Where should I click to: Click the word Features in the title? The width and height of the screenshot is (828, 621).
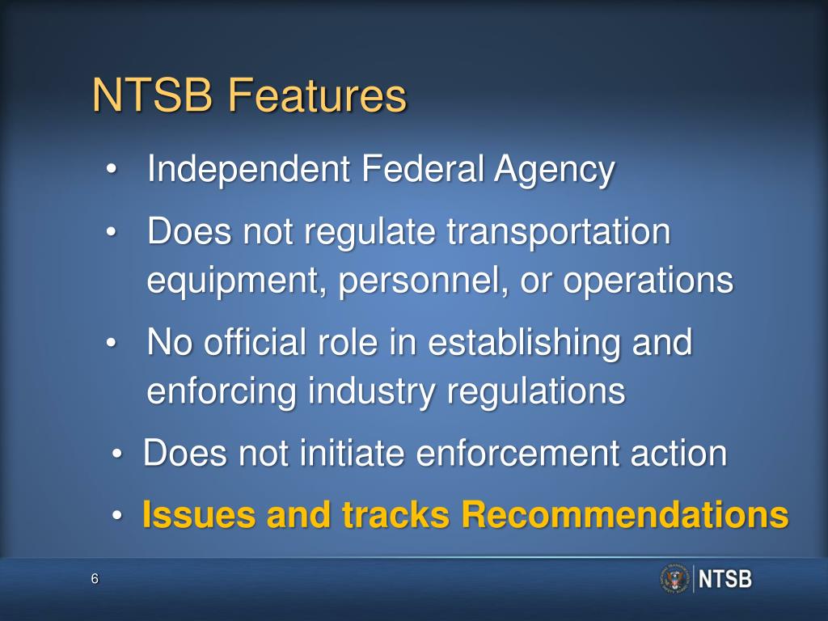[x=316, y=96]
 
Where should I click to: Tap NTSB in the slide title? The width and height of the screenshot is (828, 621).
[x=153, y=96]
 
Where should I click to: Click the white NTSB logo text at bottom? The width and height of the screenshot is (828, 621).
[x=724, y=580]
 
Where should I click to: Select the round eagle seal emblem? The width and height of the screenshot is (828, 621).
[x=674, y=579]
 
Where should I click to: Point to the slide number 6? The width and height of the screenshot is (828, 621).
[x=95, y=579]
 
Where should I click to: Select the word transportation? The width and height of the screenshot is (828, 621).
[x=559, y=234]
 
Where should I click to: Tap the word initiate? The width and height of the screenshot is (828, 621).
[x=351, y=454]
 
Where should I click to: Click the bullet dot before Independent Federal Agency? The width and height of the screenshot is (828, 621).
[x=112, y=171]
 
